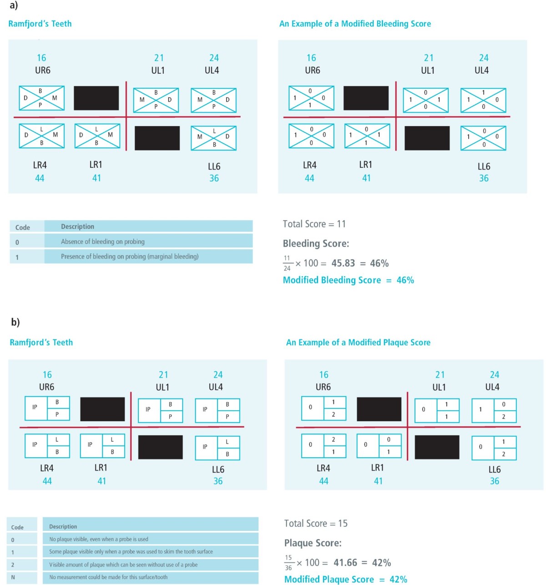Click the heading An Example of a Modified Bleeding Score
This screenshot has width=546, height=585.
[355, 24]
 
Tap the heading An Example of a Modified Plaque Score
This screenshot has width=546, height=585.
[358, 343]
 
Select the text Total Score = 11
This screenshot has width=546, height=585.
[314, 224]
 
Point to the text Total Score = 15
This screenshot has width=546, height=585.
[316, 524]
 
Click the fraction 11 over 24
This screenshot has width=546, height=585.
[287, 263]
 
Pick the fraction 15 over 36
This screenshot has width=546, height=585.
[288, 563]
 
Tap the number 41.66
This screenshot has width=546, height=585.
[345, 563]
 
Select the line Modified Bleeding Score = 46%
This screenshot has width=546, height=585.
[348, 280]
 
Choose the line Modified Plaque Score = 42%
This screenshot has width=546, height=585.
[345, 580]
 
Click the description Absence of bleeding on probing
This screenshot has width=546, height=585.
[103, 242]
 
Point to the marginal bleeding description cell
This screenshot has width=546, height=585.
[130, 257]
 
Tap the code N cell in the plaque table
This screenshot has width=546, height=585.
[13, 577]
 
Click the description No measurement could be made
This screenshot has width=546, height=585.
[108, 577]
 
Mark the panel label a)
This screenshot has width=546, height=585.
[14, 5]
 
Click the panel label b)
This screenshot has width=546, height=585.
[15, 322]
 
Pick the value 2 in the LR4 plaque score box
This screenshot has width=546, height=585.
[334, 439]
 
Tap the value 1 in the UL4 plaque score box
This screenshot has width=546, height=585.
[480, 409]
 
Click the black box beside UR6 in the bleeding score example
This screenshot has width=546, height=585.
[366, 98]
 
